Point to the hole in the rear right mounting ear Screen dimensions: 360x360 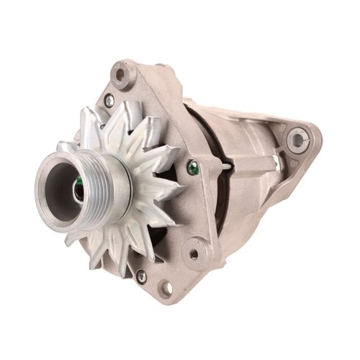tap(297, 138)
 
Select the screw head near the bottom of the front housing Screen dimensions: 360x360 tap(140, 274)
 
